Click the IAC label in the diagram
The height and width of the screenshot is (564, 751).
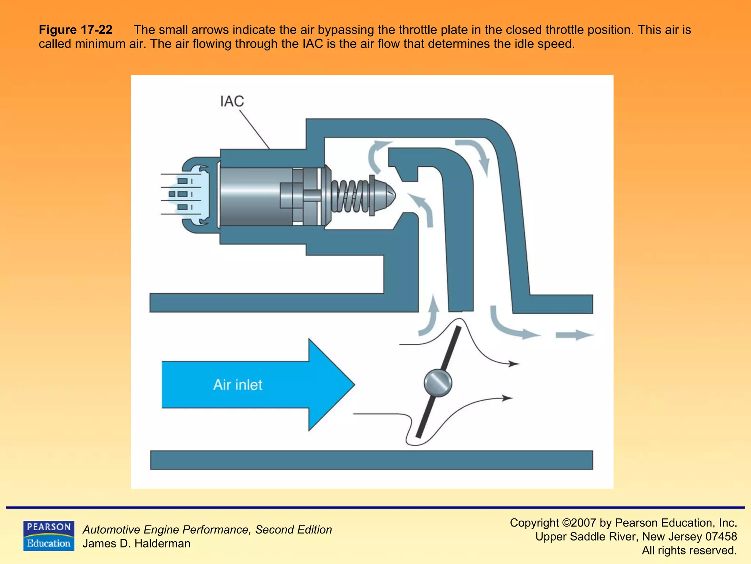click(x=232, y=101)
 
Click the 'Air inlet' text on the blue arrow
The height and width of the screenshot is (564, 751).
click(x=238, y=385)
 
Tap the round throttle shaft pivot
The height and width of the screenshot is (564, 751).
click(x=437, y=383)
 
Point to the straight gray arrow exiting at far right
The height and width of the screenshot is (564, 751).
click(x=574, y=335)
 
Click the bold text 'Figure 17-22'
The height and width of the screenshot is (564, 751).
click(x=76, y=30)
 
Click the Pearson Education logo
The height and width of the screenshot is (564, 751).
click(x=49, y=536)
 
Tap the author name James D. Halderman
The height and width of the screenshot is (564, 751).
click(x=136, y=543)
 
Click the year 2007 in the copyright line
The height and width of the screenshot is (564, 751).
click(x=583, y=523)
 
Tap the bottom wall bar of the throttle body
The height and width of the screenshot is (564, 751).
click(x=371, y=460)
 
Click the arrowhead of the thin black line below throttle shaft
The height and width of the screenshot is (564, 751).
click(x=508, y=398)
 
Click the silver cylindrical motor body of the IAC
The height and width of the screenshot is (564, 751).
click(x=253, y=196)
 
